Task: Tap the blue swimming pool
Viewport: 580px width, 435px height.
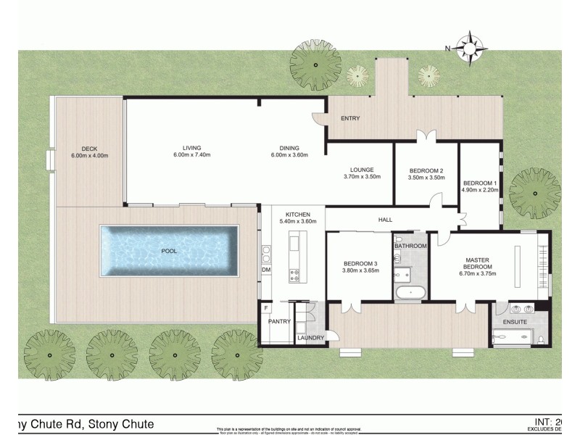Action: tap(169, 251)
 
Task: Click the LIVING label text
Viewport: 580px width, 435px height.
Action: tap(191, 148)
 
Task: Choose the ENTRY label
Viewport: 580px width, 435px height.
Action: tap(349, 118)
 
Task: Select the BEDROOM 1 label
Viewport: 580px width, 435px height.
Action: tap(480, 182)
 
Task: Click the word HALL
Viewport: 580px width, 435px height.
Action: tap(386, 218)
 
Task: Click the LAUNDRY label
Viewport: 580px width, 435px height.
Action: tap(310, 338)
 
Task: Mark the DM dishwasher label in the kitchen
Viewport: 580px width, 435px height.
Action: tap(266, 270)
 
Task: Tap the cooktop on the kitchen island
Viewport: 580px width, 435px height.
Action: tap(296, 274)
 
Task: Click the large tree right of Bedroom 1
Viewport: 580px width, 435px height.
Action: tap(534, 193)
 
